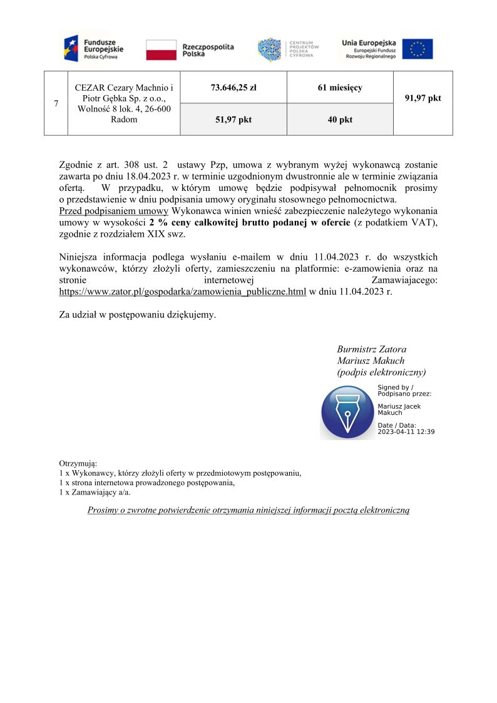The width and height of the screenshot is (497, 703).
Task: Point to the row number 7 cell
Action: (x=56, y=103)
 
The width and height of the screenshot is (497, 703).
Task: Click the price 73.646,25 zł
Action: (x=233, y=88)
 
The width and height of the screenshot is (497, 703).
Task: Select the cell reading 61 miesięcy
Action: (x=340, y=88)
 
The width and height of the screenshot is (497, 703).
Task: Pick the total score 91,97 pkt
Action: (x=423, y=98)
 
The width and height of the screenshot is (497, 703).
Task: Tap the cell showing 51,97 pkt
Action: (x=233, y=120)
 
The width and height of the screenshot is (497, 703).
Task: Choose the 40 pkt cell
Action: (x=340, y=120)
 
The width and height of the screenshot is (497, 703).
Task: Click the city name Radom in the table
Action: (x=123, y=120)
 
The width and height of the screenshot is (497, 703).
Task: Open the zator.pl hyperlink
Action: (x=182, y=292)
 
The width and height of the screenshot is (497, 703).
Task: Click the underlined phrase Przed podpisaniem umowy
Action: (x=113, y=210)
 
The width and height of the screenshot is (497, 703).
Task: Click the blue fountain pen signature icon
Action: (x=347, y=411)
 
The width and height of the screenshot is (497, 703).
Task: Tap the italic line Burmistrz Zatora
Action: (x=372, y=349)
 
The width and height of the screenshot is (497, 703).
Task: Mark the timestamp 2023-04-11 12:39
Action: (x=406, y=431)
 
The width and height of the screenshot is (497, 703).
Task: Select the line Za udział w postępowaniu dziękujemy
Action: (x=137, y=315)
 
